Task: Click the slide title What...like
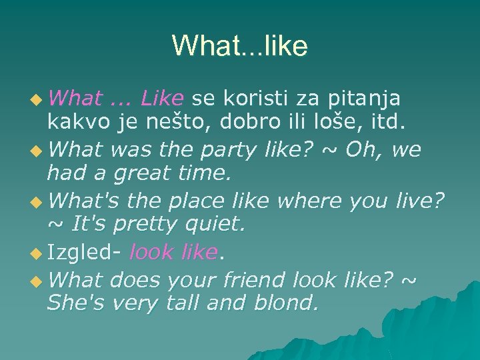tap(240, 46)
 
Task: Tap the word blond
tap(288, 303)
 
